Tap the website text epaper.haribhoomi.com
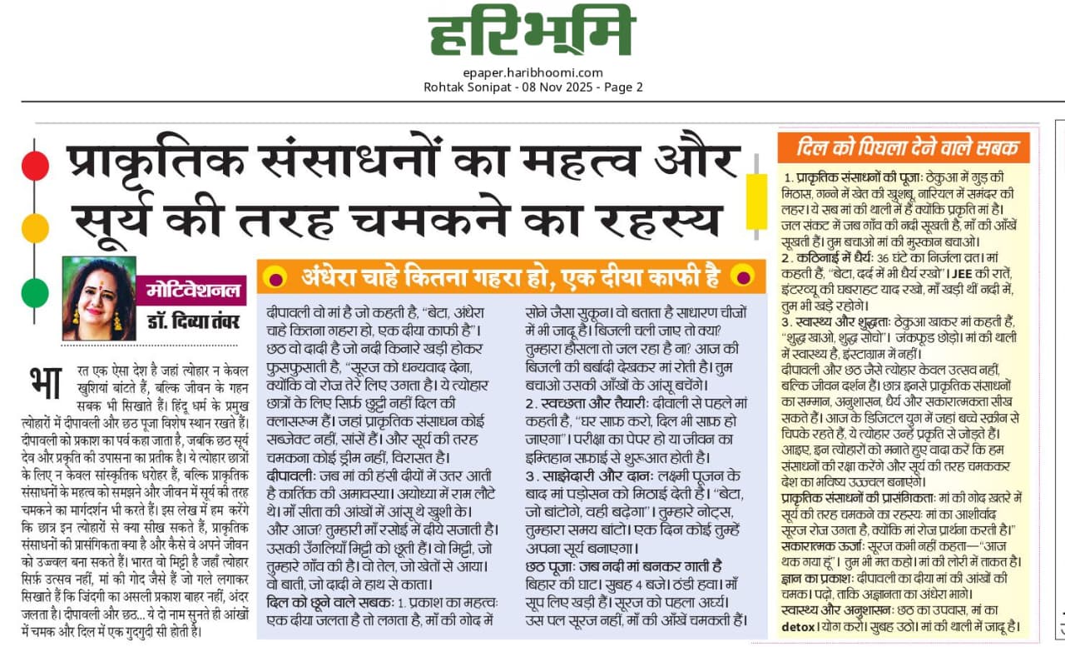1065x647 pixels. (532, 72)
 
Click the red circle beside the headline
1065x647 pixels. (35, 166)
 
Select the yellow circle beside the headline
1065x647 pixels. (35, 227)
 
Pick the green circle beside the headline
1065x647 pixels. (35, 292)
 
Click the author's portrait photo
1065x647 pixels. (98, 298)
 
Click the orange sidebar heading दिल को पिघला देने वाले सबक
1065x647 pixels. (907, 148)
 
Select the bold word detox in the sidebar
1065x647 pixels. (798, 626)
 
